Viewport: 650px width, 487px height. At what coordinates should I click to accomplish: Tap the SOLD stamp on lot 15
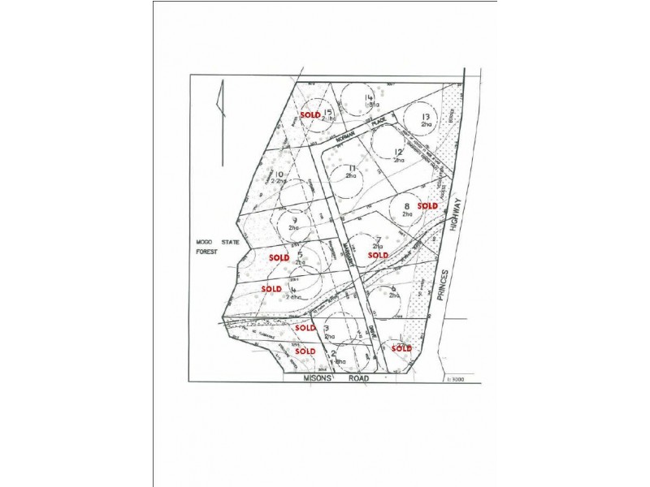(310, 115)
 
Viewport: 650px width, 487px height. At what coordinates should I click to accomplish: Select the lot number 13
(425, 117)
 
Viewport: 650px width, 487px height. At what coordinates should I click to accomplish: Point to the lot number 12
(398, 152)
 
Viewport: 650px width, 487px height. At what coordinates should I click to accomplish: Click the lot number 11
(351, 168)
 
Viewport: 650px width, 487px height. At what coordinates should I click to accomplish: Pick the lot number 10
(278, 175)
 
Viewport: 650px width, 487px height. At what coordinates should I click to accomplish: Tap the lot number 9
(294, 220)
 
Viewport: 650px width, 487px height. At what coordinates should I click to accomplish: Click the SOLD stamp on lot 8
(427, 206)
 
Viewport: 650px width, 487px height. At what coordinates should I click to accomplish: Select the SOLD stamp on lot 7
(379, 255)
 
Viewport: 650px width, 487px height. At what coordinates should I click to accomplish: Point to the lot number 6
(393, 289)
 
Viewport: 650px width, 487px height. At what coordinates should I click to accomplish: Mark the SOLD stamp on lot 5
(279, 257)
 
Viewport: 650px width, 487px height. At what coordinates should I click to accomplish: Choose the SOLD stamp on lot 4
(271, 288)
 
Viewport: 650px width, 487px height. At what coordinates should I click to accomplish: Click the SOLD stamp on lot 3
(305, 327)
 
